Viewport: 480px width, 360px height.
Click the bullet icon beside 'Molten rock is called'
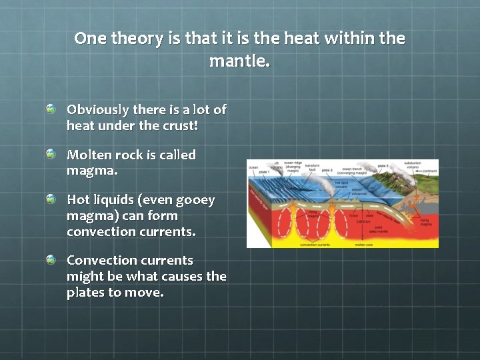pyautogui.click(x=51, y=155)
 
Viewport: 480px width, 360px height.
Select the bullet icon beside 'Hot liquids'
pyautogui.click(x=51, y=199)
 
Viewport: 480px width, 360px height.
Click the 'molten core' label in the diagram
pyautogui.click(x=363, y=245)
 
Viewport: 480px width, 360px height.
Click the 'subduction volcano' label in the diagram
pyautogui.click(x=413, y=165)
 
